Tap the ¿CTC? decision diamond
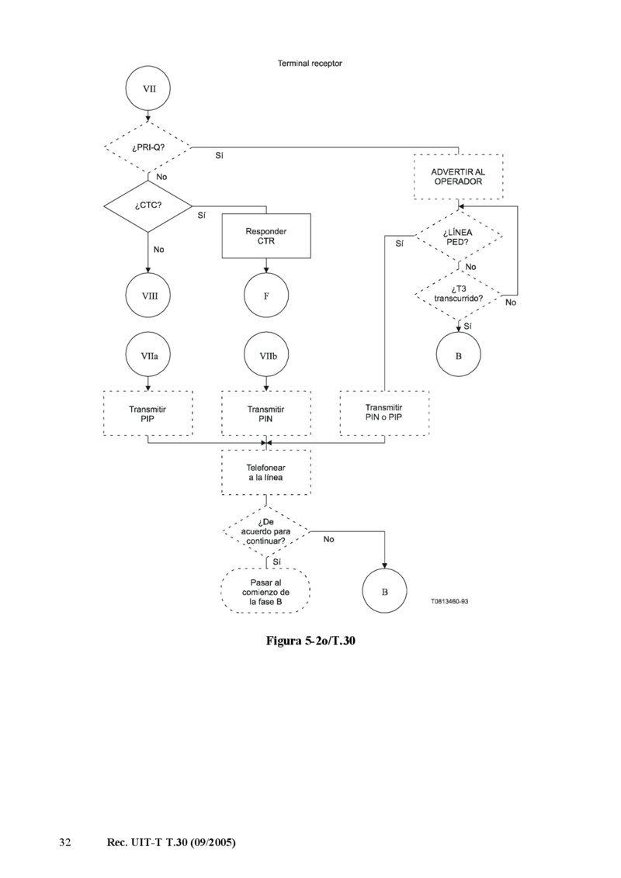(148, 206)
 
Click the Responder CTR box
(266, 236)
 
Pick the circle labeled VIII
(148, 296)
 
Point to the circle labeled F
(266, 296)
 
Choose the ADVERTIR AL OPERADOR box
(458, 177)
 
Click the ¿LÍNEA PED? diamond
(458, 236)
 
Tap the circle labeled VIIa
(148, 354)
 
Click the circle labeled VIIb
(266, 354)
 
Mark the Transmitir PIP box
(148, 413)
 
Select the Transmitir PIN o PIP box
(384, 413)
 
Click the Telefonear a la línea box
(266, 472)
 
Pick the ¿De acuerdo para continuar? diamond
(266, 531)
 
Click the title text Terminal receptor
(310, 64)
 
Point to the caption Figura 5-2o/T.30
(310, 641)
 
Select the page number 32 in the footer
(65, 842)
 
